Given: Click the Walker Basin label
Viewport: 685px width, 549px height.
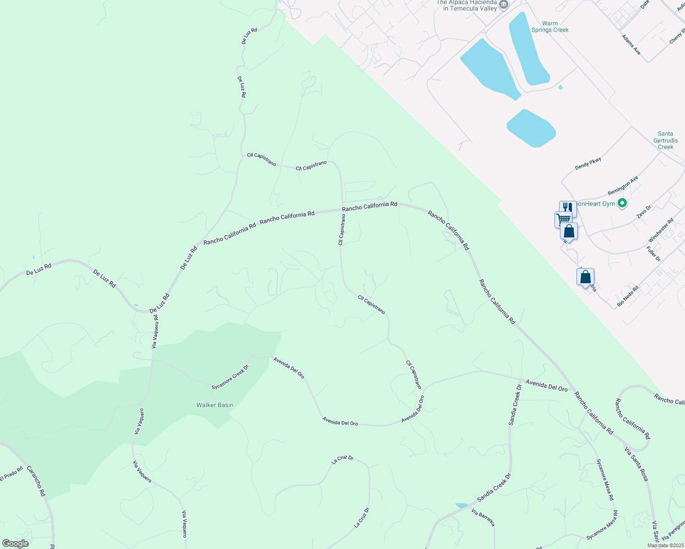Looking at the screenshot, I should [215, 405].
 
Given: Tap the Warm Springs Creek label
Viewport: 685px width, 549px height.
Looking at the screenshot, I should [549, 27].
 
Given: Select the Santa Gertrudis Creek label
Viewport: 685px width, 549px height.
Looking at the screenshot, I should [665, 140].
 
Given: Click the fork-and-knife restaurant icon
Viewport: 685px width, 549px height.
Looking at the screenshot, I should [568, 207].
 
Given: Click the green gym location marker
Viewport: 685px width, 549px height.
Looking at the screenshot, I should [622, 203].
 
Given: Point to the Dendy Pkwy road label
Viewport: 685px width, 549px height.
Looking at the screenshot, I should [588, 163].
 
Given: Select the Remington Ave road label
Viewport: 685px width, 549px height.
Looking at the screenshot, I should [623, 186].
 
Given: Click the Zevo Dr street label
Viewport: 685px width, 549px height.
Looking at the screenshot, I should [643, 211].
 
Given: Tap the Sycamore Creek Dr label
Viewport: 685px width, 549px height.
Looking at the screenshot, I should [230, 377].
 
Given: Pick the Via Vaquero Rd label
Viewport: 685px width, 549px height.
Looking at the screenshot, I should [155, 331].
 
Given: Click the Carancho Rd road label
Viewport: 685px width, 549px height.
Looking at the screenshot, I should [36, 481].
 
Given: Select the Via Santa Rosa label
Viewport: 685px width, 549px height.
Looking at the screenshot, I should [636, 463].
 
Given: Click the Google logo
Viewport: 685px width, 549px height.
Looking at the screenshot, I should [15, 543].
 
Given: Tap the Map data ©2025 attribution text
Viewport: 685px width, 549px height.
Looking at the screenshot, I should [665, 545].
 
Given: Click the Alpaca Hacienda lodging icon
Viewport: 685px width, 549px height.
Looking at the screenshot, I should [504, 5].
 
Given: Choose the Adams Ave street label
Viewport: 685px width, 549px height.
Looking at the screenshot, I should [631, 44].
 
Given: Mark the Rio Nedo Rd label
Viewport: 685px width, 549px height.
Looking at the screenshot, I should [628, 296].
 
